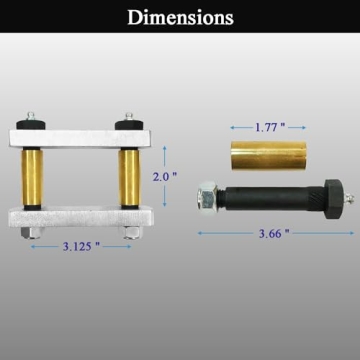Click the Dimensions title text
pos(180,17)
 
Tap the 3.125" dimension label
pos(81,247)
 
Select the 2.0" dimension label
pos(165,176)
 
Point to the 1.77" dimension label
pos(270,127)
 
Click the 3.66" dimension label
pos(274,233)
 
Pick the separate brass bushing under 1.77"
pos(269,155)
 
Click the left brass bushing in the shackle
pos(32,178)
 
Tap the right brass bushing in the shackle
pos(129,178)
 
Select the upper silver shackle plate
pos(80,138)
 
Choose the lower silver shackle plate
pos(81,217)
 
